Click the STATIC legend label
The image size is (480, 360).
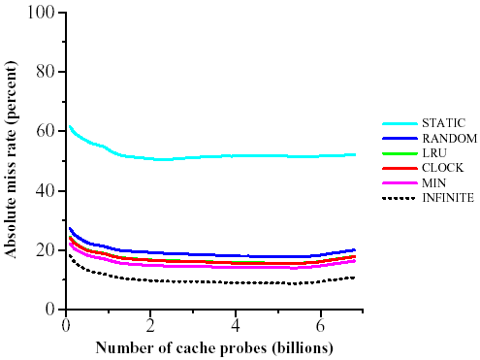click(442, 123)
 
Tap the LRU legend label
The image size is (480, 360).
click(434, 153)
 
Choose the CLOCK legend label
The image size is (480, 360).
click(441, 168)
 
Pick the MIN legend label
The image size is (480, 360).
click(434, 182)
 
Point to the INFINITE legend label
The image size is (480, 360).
click(448, 198)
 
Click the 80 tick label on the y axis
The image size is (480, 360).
click(46, 72)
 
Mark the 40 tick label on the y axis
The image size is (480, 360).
click(46, 190)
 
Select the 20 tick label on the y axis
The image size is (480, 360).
click(46, 249)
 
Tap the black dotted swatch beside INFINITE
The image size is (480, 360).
click(399, 198)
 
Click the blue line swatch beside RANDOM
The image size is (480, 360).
click(399, 139)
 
